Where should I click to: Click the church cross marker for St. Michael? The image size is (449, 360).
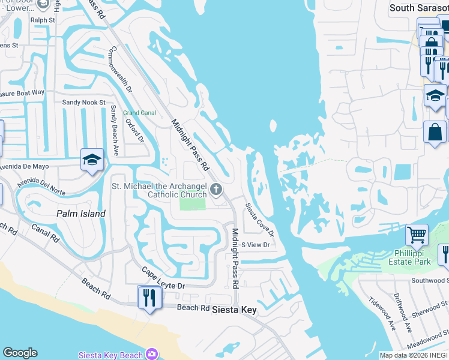tap(217, 190)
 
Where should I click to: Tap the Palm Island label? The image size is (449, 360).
tap(80, 214)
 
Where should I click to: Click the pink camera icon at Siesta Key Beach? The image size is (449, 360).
tap(152, 355)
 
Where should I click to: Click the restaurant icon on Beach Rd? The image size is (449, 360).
tap(149, 297)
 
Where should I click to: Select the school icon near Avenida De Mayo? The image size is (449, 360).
tap(92, 160)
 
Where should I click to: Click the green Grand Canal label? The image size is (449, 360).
tap(139, 113)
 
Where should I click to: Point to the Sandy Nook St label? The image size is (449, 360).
tap(84, 103)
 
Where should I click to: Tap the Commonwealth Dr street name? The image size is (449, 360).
tap(120, 69)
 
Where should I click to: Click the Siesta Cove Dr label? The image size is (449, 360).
tap(259, 219)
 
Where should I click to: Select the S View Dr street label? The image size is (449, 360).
tap(255, 245)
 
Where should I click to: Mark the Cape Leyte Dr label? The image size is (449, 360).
tap(163, 279)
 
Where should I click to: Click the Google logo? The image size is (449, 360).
tap(20, 353)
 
